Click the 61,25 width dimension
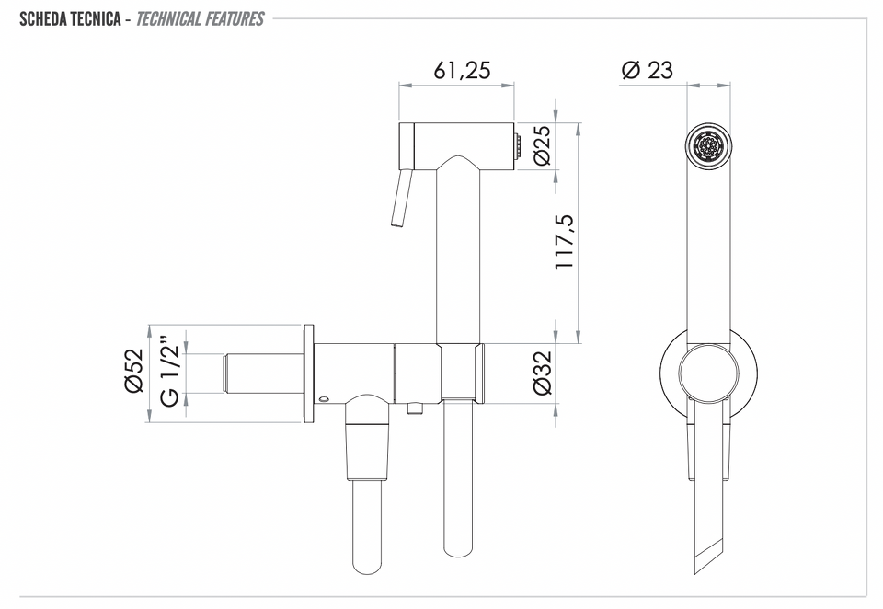pyautogui.click(x=462, y=70)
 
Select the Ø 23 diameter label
pyautogui.click(x=647, y=70)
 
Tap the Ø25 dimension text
pyautogui.click(x=542, y=144)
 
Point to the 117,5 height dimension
pyautogui.click(x=565, y=241)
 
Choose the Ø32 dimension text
pyautogui.click(x=542, y=373)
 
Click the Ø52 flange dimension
pyautogui.click(x=134, y=371)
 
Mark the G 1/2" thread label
pyautogui.click(x=170, y=371)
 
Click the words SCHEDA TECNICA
pyautogui.click(x=70, y=19)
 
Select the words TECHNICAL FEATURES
pyautogui.click(x=200, y=19)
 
